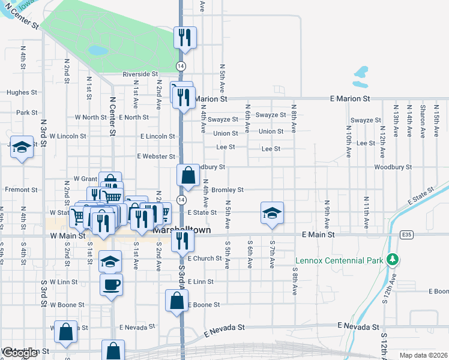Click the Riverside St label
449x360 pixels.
click(x=139, y=74)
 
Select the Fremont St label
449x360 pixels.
click(x=21, y=190)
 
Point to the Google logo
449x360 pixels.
click(x=20, y=353)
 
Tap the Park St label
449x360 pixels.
click(x=27, y=112)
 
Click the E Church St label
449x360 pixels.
click(x=205, y=259)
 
